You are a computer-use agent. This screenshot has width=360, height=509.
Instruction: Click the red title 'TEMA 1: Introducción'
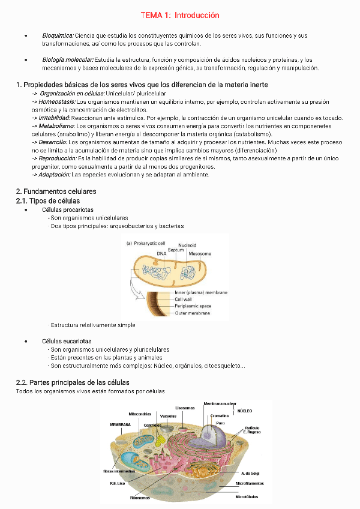point(180,15)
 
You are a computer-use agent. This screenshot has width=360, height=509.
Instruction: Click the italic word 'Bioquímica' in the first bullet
point(58,36)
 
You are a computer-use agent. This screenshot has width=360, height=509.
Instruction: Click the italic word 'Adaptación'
point(54,174)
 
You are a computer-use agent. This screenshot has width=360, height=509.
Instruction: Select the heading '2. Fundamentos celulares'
point(56,191)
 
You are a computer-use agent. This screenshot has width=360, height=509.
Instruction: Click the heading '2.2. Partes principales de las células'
point(72,382)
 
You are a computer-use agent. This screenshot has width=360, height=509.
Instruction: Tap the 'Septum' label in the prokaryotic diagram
point(176,249)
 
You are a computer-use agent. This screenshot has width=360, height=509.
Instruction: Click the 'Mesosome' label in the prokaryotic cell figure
point(200,254)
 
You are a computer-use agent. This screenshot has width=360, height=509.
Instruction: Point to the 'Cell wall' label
point(183,299)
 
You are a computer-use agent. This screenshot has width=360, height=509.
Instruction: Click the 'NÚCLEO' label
point(245,411)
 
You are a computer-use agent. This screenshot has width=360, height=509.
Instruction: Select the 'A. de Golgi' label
point(250,474)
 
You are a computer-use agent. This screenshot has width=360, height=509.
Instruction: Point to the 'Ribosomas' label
point(140,498)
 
